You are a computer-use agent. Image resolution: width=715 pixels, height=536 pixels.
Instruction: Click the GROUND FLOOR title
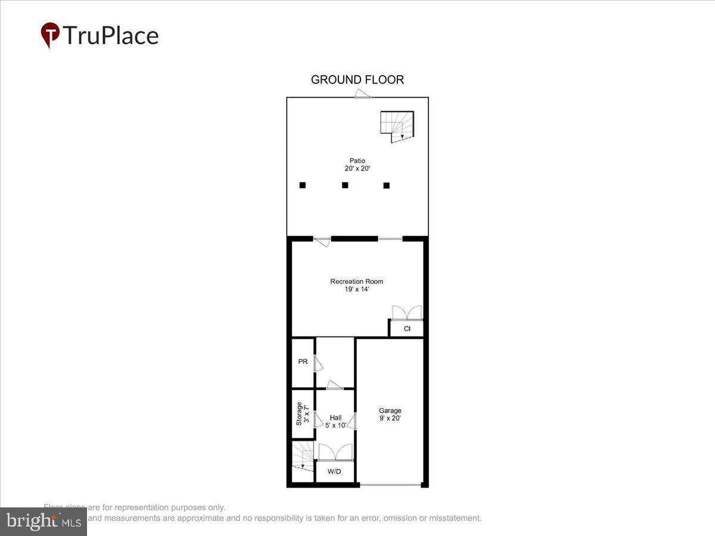coord(357,80)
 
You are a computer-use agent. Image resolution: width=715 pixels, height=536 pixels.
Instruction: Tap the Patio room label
coord(357,164)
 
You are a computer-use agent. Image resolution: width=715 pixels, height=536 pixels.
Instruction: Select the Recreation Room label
coord(357,285)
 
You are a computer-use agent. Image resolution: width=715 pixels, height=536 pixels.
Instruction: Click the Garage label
coord(390,414)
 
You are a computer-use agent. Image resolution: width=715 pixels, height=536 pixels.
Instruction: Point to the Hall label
coord(335,421)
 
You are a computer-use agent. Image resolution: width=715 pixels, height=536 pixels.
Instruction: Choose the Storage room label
coord(303,414)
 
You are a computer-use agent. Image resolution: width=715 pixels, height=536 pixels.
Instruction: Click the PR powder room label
coord(303,362)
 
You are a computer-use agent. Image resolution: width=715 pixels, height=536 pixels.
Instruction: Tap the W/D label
coord(335,472)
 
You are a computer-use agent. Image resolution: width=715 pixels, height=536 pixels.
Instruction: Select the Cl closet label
coord(407,329)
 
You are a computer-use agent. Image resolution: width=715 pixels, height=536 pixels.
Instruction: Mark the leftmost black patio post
coord(303,185)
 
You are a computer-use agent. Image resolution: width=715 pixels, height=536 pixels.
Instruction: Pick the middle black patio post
coord(344,185)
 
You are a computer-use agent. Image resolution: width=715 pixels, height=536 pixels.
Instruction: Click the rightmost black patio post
coord(386,185)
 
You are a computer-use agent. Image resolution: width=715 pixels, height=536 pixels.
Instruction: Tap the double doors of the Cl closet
coord(407,313)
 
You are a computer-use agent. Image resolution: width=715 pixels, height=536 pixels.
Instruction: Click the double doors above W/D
coord(335,452)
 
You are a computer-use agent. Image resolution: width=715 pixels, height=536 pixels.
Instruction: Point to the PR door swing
coord(319,363)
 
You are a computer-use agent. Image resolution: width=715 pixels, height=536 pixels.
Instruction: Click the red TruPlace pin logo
coord(50,35)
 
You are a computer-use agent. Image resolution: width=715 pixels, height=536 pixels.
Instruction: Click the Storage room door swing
coord(319,420)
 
